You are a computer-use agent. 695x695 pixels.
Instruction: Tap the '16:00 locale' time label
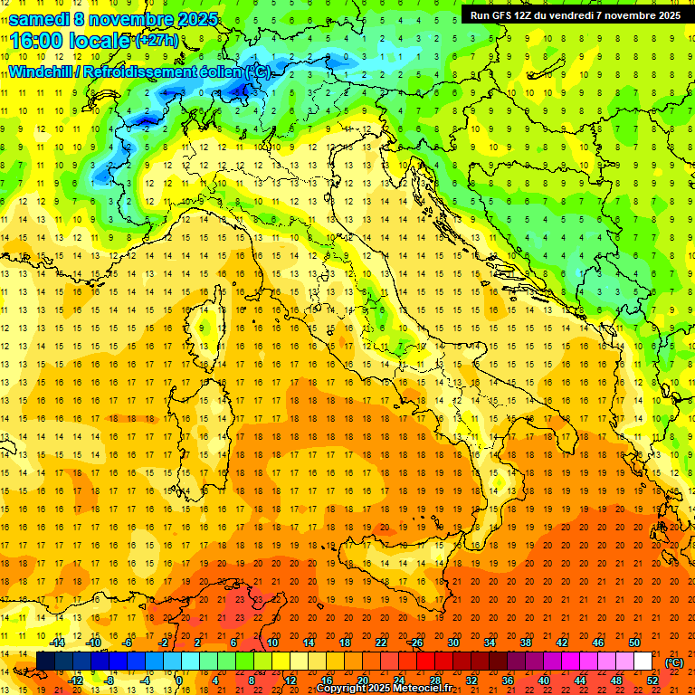(x=70, y=41)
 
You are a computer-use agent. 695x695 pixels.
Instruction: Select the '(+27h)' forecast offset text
(x=156, y=41)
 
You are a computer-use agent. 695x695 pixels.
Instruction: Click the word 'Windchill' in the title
(x=41, y=72)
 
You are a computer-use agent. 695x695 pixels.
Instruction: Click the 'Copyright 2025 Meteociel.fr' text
(x=384, y=689)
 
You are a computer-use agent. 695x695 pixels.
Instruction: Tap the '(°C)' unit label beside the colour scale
(x=674, y=662)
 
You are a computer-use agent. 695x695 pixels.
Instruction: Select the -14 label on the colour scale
(x=58, y=643)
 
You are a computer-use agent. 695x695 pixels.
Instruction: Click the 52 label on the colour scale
(x=652, y=681)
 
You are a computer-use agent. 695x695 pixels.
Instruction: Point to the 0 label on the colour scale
(x=178, y=681)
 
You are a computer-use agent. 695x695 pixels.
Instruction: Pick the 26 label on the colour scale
(x=416, y=643)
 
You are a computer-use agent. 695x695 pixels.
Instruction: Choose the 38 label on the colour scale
(x=525, y=643)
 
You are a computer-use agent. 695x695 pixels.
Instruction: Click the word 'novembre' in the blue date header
(x=126, y=19)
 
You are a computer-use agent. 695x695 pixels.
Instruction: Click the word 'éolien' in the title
(x=223, y=72)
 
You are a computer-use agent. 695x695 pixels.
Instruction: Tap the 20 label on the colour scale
(x=362, y=681)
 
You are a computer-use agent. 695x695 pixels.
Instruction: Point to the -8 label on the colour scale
(x=110, y=681)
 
